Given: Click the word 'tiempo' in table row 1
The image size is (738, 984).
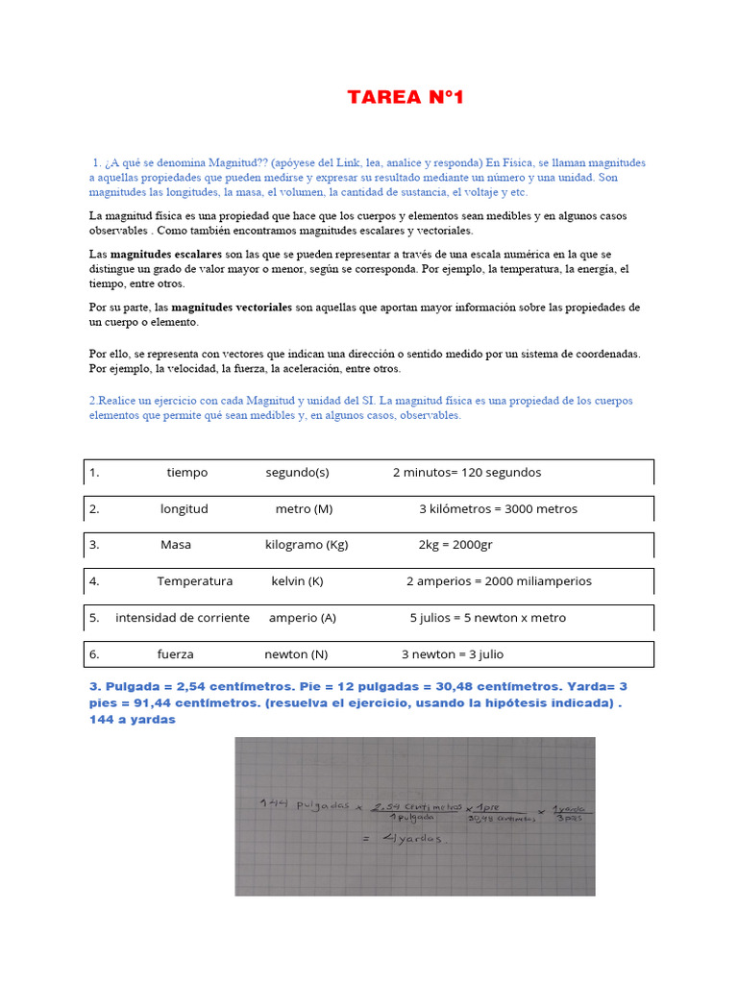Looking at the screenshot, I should point(186,472).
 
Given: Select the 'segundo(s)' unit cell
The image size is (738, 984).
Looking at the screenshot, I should point(297,472).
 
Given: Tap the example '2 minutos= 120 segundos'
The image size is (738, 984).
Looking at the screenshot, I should point(467,472).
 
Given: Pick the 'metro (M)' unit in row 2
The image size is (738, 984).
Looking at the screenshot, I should point(304,508).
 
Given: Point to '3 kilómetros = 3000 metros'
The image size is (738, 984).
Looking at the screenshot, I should point(498,508).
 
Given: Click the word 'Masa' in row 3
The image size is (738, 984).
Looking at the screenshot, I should point(176,544).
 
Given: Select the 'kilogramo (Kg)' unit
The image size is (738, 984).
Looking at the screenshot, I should point(307,544).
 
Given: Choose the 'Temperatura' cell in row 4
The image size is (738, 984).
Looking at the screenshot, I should point(195,580).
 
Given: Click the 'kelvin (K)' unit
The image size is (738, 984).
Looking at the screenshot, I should point(297,580).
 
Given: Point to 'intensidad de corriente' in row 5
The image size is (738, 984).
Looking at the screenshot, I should point(183,617).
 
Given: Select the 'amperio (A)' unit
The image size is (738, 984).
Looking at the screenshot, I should point(303,617).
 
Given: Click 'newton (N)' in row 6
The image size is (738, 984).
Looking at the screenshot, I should point(296,653).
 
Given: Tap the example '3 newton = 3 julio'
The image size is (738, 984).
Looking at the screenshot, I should point(453,653).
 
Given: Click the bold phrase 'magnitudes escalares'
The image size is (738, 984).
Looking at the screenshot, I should point(166,255).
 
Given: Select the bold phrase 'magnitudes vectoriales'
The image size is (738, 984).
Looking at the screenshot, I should point(232,307).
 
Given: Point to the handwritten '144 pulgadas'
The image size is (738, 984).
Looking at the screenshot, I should point(304,805).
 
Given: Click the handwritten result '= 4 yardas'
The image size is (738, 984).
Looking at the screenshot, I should point(401,838).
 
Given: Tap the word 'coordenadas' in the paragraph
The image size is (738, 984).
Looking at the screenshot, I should point(606,355).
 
